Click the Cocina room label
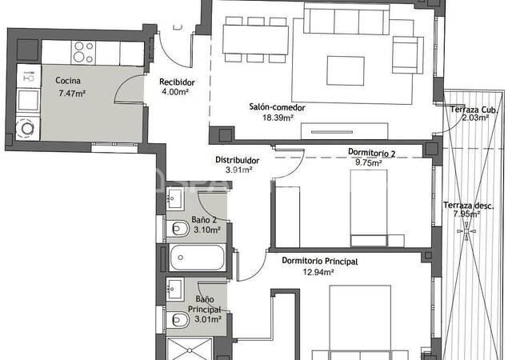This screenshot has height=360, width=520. (68, 81)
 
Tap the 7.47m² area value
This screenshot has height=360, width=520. (72, 93)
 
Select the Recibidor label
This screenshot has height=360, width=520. (177, 82)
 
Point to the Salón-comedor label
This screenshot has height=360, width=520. (278, 107)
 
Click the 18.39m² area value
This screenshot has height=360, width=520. (278, 118)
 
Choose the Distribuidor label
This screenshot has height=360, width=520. (238, 160)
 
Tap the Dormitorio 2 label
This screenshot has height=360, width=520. (371, 153)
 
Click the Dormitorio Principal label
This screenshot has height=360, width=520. (320, 262)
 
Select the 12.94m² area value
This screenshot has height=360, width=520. (318, 272)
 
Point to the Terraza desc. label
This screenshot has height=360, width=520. (469, 206)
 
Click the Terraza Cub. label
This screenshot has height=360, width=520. (474, 110)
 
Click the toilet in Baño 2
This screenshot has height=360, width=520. (178, 229)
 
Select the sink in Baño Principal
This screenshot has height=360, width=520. (175, 289)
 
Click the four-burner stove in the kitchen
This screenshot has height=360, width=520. (83, 52)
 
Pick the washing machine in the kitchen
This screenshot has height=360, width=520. (28, 127)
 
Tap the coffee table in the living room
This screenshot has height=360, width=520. (346, 70)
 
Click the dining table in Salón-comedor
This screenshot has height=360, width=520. (255, 39)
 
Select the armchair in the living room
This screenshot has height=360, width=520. (407, 54)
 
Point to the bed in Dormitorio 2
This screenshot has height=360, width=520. (369, 208)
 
